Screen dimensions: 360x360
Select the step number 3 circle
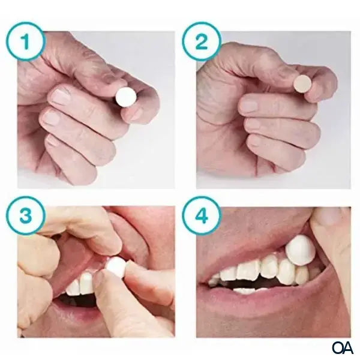tap(25, 213)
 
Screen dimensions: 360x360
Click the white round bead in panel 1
tap(127, 96)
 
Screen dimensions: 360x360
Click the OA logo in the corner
tap(342, 347)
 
